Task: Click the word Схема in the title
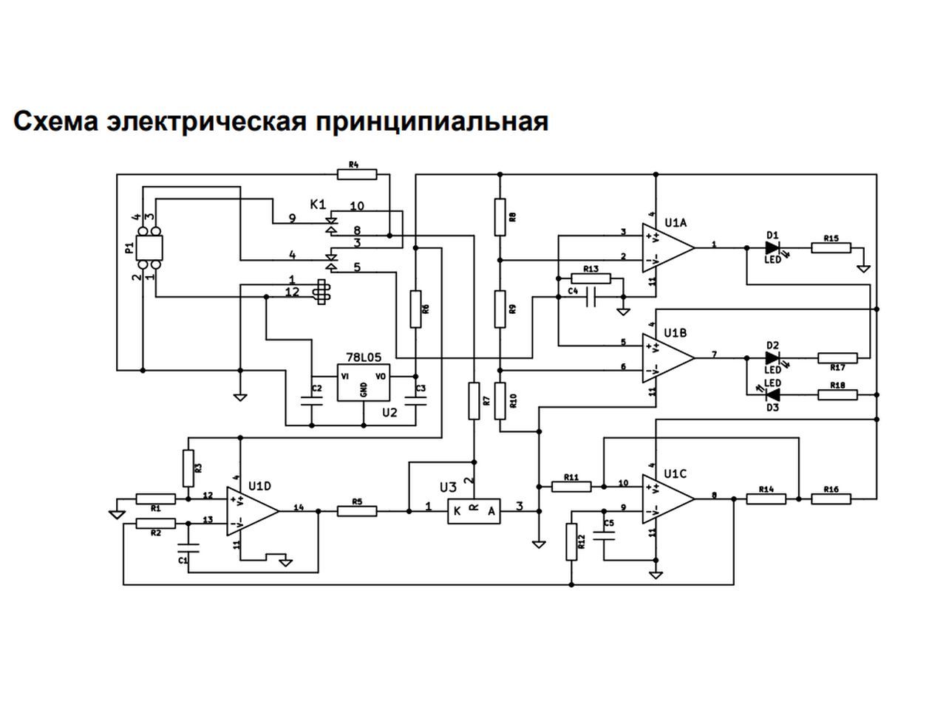(x=56, y=122)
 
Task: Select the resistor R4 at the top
(x=357, y=174)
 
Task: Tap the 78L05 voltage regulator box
(x=364, y=383)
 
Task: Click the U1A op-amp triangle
(x=668, y=248)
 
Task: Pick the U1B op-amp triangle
(x=668, y=357)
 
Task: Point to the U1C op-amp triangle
(x=668, y=499)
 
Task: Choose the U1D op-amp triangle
(x=253, y=511)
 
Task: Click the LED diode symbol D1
(x=773, y=248)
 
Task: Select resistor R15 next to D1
(x=831, y=248)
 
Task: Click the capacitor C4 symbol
(x=591, y=297)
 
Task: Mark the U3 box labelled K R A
(x=474, y=511)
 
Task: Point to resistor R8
(x=500, y=217)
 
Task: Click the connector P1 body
(x=149, y=247)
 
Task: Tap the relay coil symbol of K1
(x=321, y=292)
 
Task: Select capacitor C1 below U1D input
(x=188, y=548)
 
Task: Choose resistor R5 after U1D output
(x=357, y=511)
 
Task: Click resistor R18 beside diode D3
(x=837, y=394)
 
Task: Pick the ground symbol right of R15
(x=864, y=269)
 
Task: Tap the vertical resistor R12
(x=571, y=542)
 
